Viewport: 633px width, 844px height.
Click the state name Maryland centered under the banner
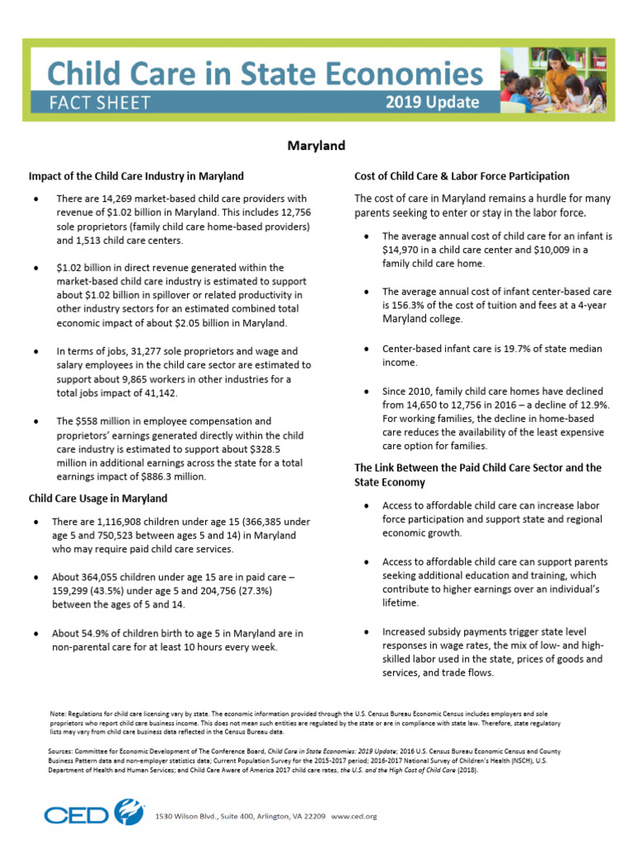tap(316, 146)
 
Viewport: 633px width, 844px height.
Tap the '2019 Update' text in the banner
tap(432, 102)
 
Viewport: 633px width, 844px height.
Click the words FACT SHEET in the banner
tap(99, 102)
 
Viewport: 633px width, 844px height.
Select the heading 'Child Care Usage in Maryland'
tap(98, 498)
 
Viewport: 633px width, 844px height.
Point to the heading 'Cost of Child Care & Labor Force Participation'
tap(462, 176)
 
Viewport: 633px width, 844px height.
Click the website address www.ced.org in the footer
tap(353, 817)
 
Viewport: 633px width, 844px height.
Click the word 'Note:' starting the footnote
tap(58, 711)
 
